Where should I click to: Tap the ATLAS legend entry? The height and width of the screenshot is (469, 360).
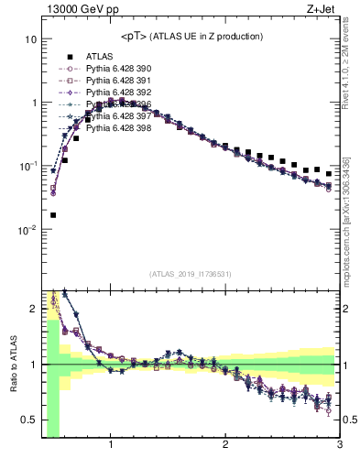tap(100, 56)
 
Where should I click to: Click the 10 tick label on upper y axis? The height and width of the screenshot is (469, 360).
tap(30, 40)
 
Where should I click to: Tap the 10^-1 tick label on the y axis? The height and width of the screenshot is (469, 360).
tap(27, 166)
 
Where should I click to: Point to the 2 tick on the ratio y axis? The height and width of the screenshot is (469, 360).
tap(32, 309)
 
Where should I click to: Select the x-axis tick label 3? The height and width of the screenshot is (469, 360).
tap(339, 446)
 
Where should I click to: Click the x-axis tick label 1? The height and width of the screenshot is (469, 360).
tap(111, 446)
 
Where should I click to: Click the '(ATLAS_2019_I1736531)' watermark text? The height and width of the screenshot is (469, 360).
tap(191, 273)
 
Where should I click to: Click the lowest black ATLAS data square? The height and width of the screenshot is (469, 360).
tap(53, 215)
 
